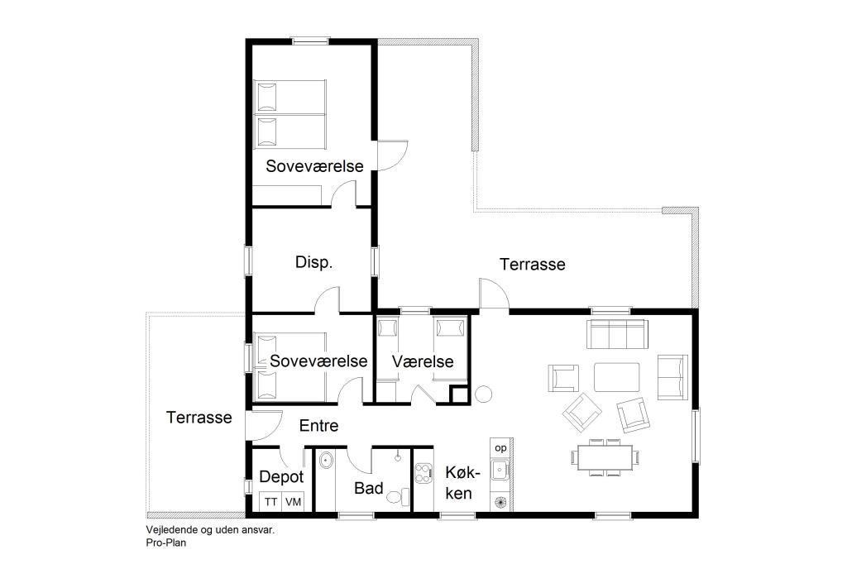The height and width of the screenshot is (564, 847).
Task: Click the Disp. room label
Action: [313, 262]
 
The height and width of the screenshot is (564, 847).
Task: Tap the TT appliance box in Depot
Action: [270, 502]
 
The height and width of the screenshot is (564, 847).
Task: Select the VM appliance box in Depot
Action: [293, 502]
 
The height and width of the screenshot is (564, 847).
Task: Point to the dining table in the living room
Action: [605, 457]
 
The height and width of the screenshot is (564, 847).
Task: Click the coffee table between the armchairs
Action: [617, 377]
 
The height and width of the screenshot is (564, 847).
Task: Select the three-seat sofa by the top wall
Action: [617, 334]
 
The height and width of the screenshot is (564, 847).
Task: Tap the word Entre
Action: [318, 426]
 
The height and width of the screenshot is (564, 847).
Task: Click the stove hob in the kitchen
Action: [424, 473]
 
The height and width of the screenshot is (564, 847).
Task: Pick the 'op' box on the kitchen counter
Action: [500, 448]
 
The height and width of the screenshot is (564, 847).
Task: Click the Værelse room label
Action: [423, 361]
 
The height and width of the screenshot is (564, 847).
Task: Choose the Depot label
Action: [281, 477]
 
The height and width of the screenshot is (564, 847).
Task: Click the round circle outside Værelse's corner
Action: [483, 394]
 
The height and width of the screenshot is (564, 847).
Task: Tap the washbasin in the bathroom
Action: [326, 461]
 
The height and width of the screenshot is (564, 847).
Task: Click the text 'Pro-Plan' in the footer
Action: [165, 542]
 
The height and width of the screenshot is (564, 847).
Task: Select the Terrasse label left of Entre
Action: [199, 418]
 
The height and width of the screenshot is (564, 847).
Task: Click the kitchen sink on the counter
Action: [499, 470]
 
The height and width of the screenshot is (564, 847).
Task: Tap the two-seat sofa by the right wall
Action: [672, 377]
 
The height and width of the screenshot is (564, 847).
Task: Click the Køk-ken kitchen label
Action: [459, 483]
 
